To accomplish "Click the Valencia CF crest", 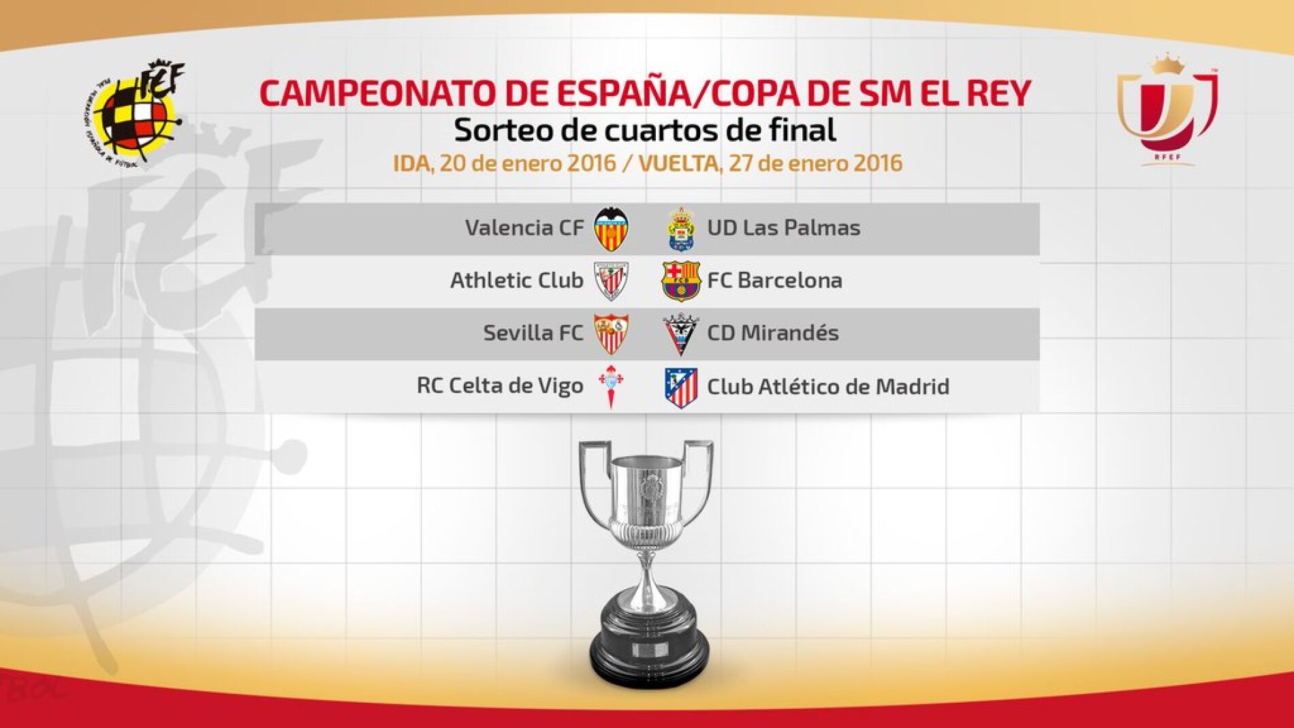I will tap(611, 229).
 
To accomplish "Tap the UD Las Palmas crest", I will tap(680, 229).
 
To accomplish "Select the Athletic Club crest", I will tap(611, 281).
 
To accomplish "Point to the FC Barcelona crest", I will tap(680, 281).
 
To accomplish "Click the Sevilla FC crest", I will tap(611, 334).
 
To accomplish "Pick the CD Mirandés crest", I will tap(680, 334).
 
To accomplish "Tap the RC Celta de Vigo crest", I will tap(611, 386).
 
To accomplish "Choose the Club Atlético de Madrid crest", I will tap(680, 387).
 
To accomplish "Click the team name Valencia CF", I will tap(524, 227).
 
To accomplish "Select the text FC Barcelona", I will tap(774, 280).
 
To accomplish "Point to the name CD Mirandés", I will tap(772, 333).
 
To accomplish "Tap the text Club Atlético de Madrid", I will tap(827, 387).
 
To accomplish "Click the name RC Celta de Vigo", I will tap(500, 385).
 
